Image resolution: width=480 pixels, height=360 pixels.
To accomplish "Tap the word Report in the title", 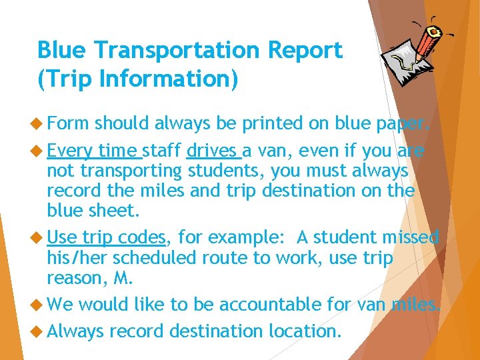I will pos(307,50).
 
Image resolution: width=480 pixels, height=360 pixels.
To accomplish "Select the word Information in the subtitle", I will pos(158,79).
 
